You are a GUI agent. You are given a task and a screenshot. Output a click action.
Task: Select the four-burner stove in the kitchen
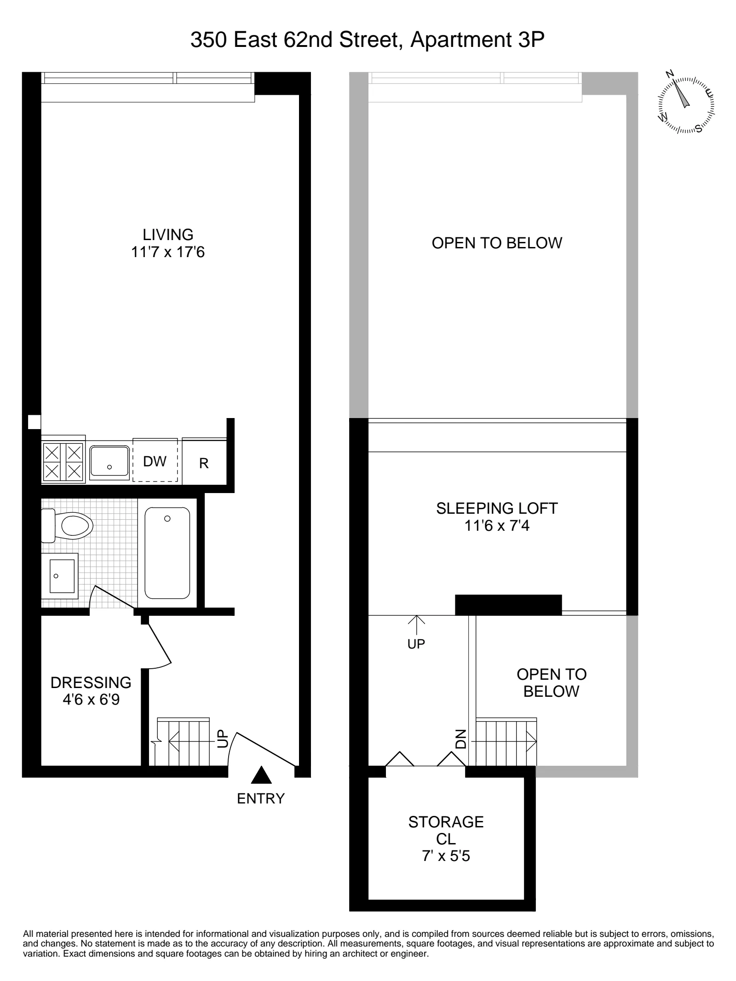coord(63,462)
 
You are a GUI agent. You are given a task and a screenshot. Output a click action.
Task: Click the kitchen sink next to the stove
coord(109,461)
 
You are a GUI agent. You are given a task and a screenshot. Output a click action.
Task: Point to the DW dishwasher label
coord(155,461)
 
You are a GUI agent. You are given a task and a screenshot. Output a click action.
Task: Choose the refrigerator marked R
coord(204,464)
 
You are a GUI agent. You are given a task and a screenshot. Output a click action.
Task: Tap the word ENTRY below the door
coord(261,798)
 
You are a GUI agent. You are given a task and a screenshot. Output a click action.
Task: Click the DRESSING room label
coord(91,682)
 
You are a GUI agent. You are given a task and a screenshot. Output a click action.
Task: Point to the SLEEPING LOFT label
coord(497,508)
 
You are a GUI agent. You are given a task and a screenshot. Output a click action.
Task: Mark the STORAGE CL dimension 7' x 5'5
coord(446,856)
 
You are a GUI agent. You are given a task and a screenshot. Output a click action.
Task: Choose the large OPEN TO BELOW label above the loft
coord(497,243)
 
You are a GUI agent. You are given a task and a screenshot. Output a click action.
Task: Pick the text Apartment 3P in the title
coord(477,40)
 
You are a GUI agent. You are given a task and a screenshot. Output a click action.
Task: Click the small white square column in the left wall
coord(34,422)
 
